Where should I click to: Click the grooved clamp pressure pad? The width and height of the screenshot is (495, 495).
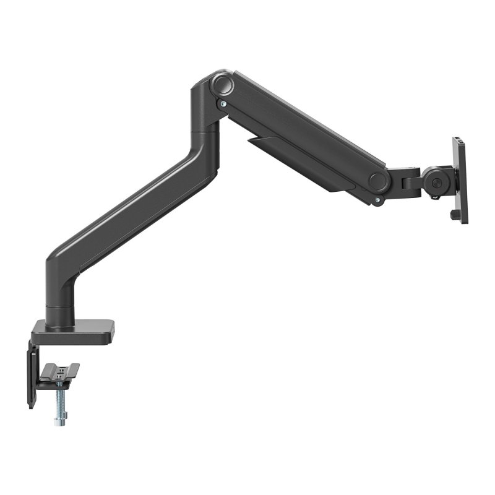59,372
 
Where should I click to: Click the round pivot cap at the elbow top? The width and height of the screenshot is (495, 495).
221,84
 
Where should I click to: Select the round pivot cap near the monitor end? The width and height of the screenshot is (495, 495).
378,181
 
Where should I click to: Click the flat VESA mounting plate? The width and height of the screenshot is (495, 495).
460,179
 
